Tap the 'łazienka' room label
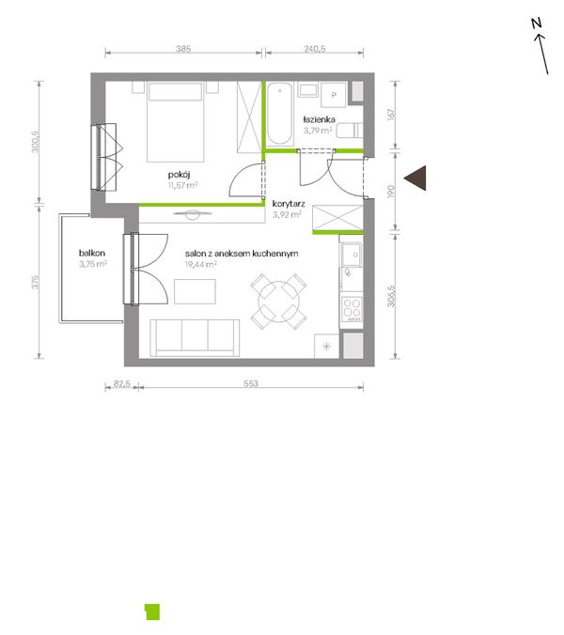(x=320, y=119)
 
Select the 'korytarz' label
(x=286, y=202)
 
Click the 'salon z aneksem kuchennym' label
(x=242, y=253)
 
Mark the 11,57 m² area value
(x=182, y=186)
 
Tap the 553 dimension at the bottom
(x=250, y=383)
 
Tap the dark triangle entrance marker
(x=416, y=177)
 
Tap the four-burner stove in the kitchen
(x=352, y=309)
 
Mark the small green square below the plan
(x=151, y=611)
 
